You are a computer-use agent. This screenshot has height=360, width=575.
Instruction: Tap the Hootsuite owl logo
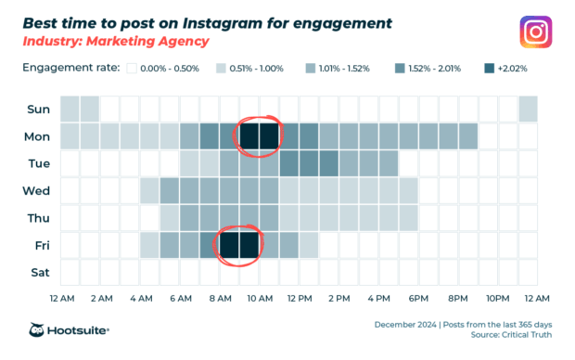click(x=39, y=329)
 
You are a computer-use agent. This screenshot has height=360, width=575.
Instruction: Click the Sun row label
click(x=38, y=109)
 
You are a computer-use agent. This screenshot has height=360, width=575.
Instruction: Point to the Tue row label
click(x=38, y=164)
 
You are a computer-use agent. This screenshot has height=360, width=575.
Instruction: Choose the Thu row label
click(x=38, y=219)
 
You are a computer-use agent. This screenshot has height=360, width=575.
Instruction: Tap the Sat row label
click(x=40, y=273)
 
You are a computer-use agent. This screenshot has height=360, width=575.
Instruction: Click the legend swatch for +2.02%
click(x=488, y=69)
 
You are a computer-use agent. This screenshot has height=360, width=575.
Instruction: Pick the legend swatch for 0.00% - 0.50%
click(x=133, y=69)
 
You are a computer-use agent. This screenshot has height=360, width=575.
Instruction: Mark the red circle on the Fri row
click(x=239, y=245)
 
